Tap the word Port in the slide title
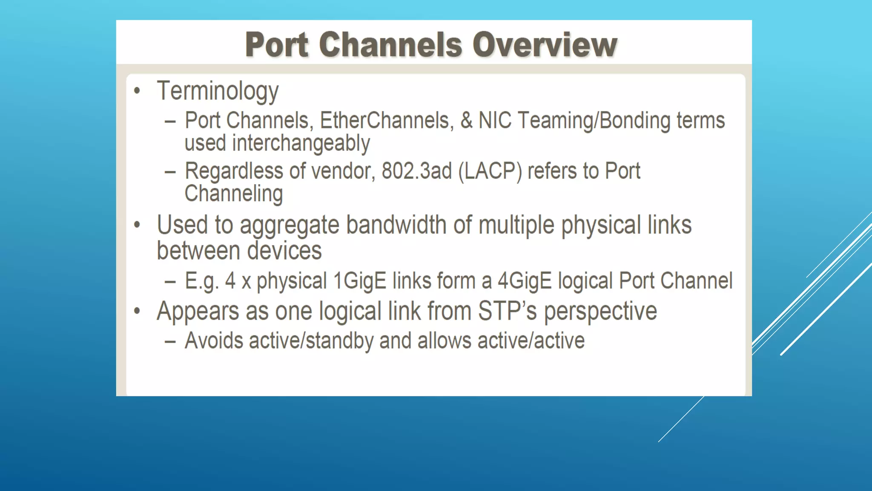(277, 45)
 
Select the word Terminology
(218, 91)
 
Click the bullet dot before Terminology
(137, 90)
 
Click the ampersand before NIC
(466, 121)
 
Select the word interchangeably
(301, 143)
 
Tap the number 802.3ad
(416, 171)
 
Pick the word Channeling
(233, 194)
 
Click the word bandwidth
(396, 225)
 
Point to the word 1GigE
(360, 281)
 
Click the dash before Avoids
(170, 342)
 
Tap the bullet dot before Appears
(137, 311)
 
